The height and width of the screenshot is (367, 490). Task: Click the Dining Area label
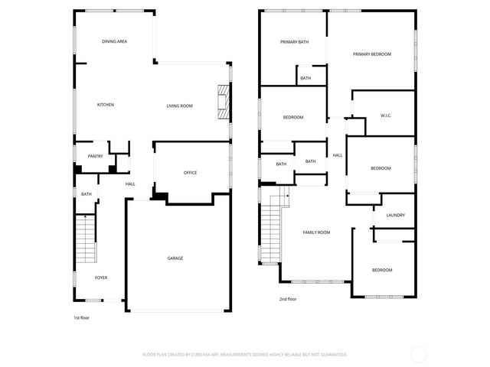(115, 41)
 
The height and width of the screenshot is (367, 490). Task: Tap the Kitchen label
(106, 105)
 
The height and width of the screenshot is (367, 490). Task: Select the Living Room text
(179, 106)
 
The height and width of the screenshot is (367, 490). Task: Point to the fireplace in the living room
(223, 102)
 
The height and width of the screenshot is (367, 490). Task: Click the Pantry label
(95, 156)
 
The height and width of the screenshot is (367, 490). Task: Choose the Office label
(190, 173)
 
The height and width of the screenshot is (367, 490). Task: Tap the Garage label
(175, 258)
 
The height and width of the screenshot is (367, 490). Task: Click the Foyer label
(101, 278)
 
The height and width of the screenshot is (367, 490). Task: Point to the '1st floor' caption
(82, 317)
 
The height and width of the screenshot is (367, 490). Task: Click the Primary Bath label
(294, 42)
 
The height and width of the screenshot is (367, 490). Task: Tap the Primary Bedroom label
(372, 54)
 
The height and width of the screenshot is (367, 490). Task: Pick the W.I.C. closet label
(386, 116)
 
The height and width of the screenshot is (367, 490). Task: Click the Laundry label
(396, 216)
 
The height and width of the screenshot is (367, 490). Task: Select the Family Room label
(316, 232)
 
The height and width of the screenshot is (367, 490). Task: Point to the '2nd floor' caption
(288, 299)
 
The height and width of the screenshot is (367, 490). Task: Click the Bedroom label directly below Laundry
(382, 271)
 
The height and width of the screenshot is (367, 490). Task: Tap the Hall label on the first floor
(130, 183)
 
